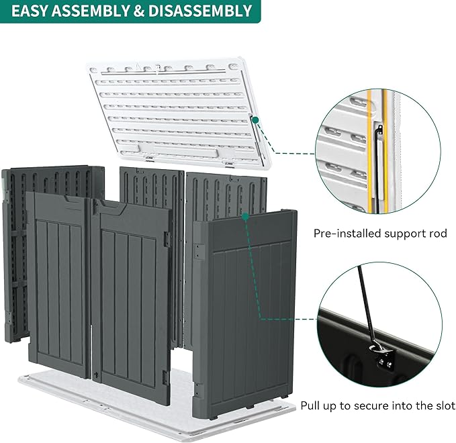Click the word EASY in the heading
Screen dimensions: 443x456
pyautogui.click(x=33, y=11)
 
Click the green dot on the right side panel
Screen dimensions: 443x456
pyautogui.click(x=246, y=216)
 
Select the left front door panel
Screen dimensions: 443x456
pyautogui.click(x=58, y=282)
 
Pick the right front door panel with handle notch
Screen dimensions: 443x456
pyautogui.click(x=130, y=295)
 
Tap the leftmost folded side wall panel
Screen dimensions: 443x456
pyautogui.click(x=15, y=255)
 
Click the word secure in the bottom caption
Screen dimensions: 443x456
pyautogui.click(x=382, y=406)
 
